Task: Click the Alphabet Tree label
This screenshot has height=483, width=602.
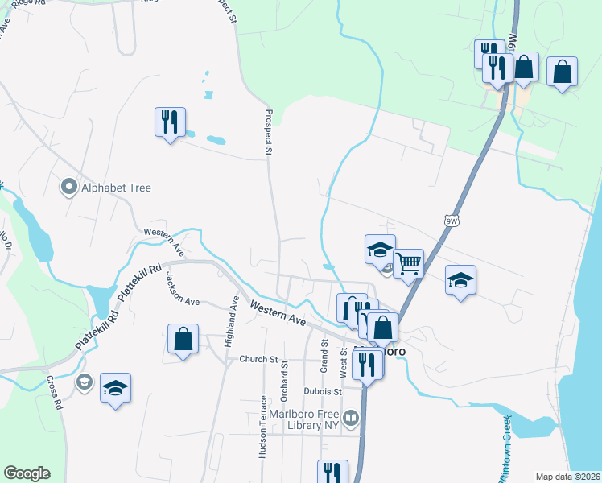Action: pyautogui.click(x=116, y=188)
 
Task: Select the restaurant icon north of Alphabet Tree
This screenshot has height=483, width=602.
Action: pyautogui.click(x=170, y=122)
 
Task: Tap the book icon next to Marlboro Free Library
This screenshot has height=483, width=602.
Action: pyautogui.click(x=351, y=418)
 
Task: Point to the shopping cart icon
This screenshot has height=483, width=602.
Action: pyautogui.click(x=409, y=263)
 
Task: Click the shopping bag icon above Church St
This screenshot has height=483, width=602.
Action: pyautogui.click(x=183, y=339)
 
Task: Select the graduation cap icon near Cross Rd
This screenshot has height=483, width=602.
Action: pyautogui.click(x=116, y=388)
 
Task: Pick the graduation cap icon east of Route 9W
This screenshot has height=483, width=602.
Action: pyautogui.click(x=460, y=280)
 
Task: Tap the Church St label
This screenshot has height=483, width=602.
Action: pyautogui.click(x=258, y=360)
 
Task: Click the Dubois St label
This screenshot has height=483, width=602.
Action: pyautogui.click(x=323, y=392)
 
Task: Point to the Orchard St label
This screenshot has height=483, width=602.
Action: pyautogui.click(x=285, y=378)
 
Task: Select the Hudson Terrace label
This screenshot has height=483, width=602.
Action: pyautogui.click(x=263, y=427)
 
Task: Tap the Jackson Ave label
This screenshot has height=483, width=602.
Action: pyautogui.click(x=182, y=288)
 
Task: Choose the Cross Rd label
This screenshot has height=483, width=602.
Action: pyautogui.click(x=55, y=394)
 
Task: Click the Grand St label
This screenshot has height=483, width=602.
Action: pyautogui.click(x=324, y=354)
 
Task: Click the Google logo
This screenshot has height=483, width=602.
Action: pyautogui.click(x=27, y=473)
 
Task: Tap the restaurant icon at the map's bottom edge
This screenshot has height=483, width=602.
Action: pyautogui.click(x=332, y=472)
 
